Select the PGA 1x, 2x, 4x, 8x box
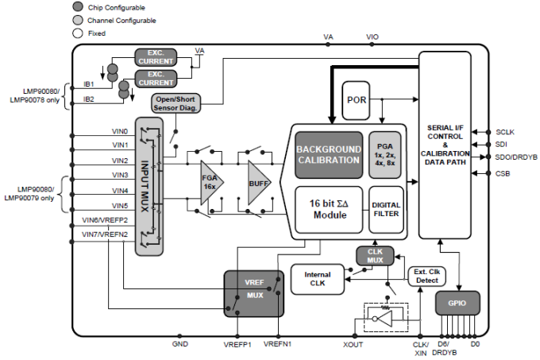(384, 154)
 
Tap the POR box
(357, 99)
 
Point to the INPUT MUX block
(148, 185)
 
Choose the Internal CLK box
(317, 278)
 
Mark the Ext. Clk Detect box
(426, 276)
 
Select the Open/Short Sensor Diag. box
(176, 103)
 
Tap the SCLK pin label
(505, 131)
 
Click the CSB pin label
(503, 172)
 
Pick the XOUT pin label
(353, 345)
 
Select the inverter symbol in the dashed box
(384, 320)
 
